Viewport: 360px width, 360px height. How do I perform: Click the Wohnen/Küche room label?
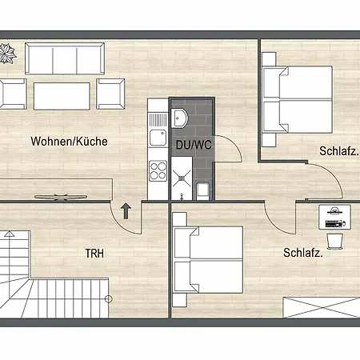tap(69, 142)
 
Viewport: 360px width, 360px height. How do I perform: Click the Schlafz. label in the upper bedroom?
tap(338, 151)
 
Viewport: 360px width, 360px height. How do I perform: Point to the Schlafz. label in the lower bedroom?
tap(303, 253)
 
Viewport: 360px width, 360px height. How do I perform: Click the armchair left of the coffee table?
tap(13, 94)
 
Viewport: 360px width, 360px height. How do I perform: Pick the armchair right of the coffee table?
tap(111, 94)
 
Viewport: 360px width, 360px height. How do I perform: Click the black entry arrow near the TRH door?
tap(126, 211)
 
